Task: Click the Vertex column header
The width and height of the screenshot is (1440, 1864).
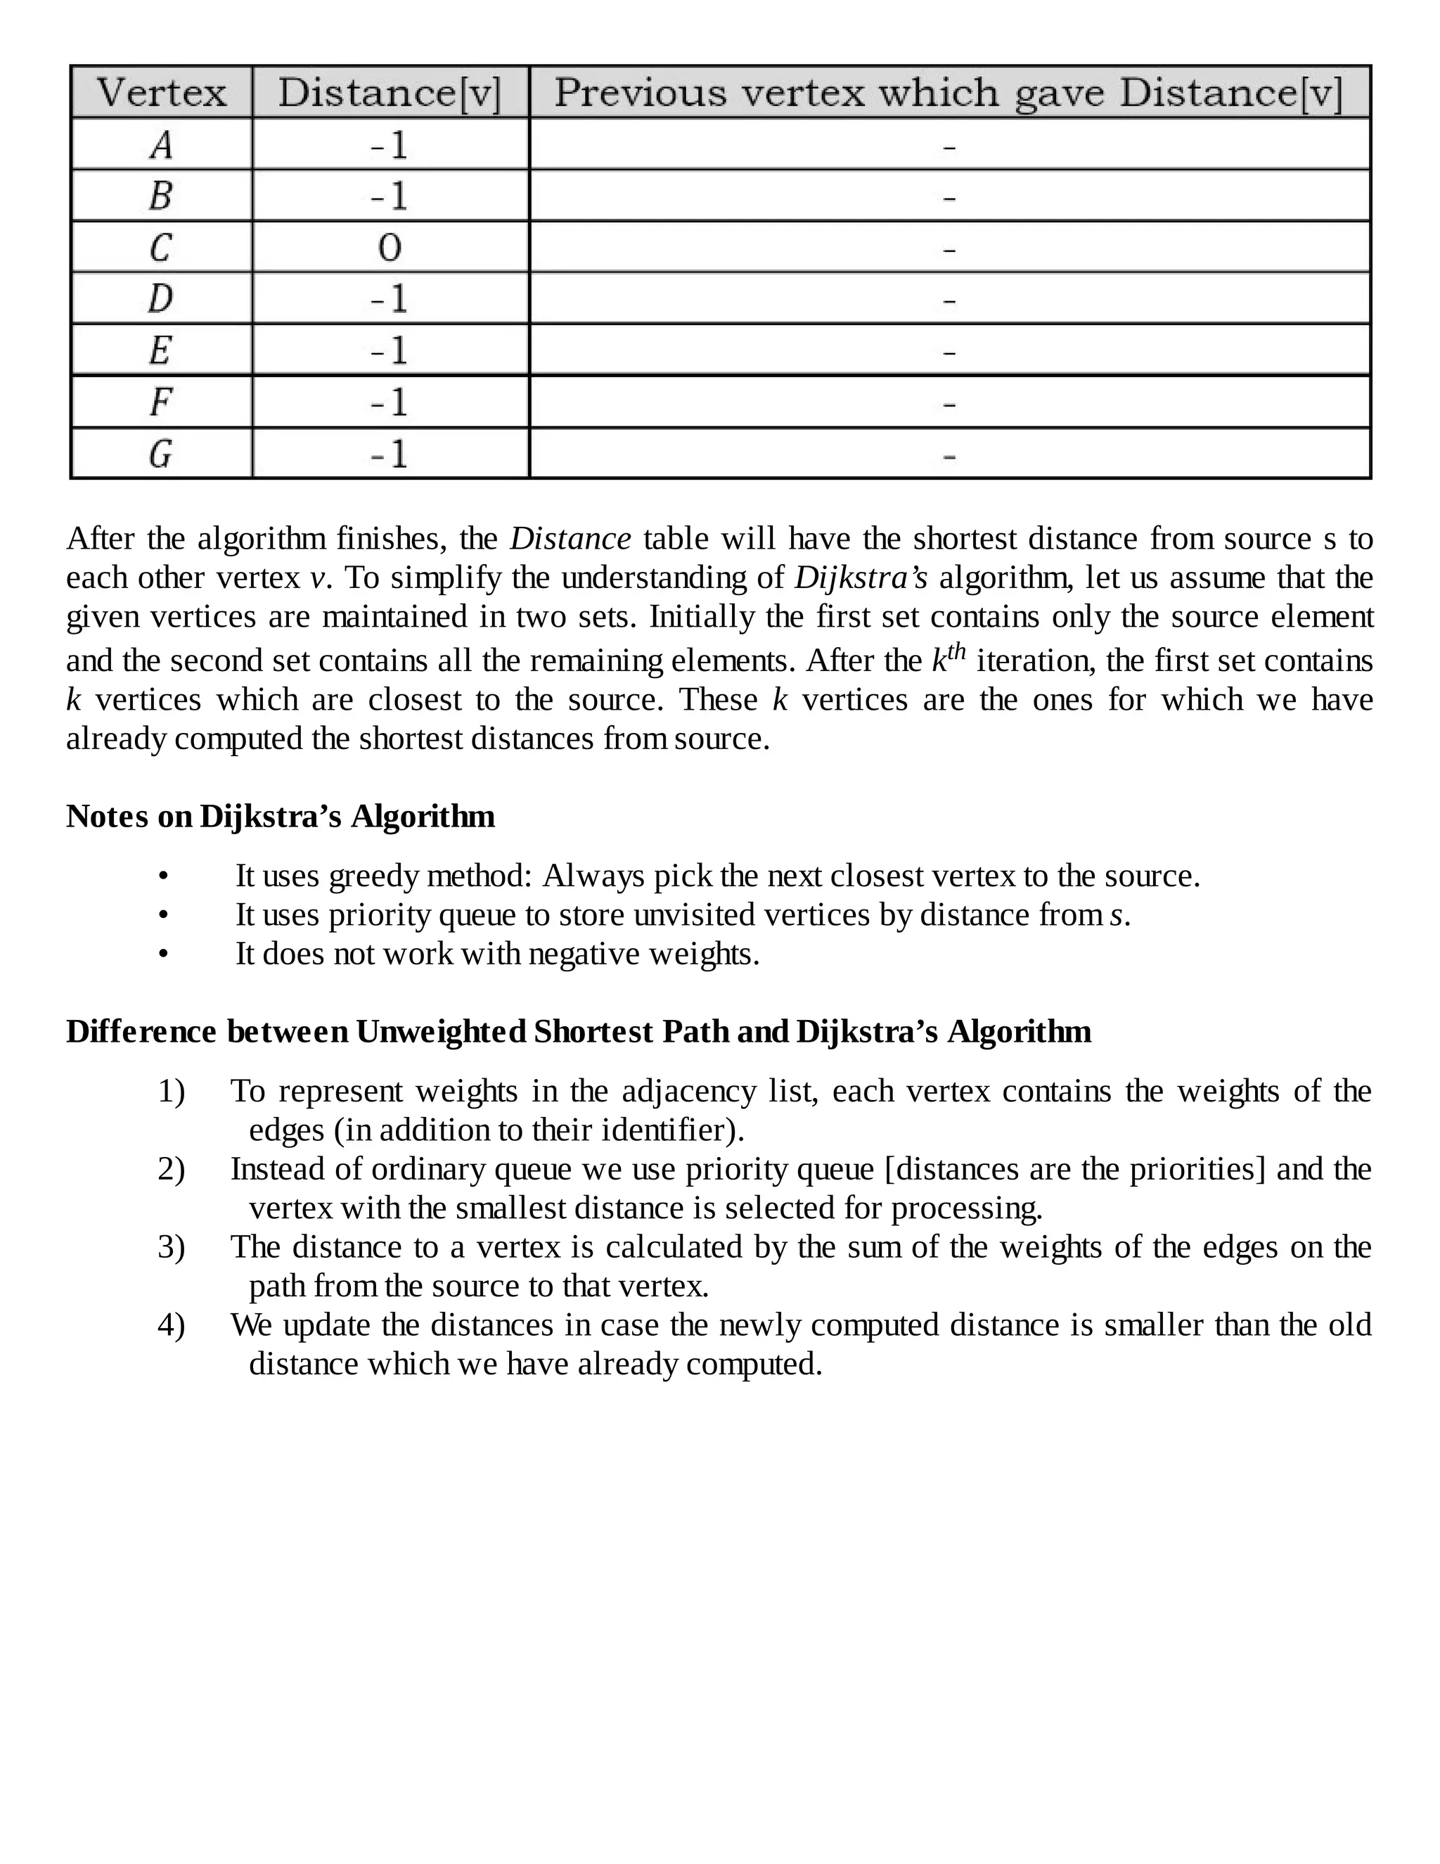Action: [161, 92]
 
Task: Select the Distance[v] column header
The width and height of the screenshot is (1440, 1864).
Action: [390, 92]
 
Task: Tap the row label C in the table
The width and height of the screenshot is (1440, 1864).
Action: [160, 248]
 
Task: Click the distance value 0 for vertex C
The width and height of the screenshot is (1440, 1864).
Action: [389, 248]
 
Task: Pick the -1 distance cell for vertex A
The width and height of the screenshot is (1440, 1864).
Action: [389, 145]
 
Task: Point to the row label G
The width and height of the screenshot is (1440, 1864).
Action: [160, 453]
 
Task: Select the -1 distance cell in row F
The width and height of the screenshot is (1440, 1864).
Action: [389, 402]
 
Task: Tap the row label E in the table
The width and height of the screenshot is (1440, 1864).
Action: [160, 350]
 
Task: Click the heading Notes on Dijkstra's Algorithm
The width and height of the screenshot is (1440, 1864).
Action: [280, 816]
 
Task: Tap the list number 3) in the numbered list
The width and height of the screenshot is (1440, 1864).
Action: [171, 1247]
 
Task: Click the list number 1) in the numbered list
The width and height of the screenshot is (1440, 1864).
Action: [171, 1092]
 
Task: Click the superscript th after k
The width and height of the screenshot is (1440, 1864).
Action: [957, 652]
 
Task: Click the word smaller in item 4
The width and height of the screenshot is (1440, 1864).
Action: [1153, 1324]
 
